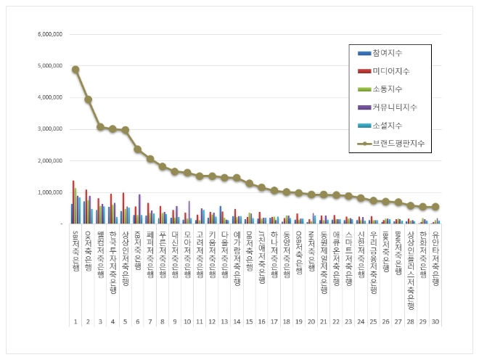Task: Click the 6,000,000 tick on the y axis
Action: click(x=49, y=34)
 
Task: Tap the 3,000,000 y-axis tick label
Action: click(x=49, y=129)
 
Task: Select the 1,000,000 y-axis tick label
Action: click(x=49, y=192)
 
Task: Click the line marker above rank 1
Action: click(x=75, y=70)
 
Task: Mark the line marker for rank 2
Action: click(x=88, y=99)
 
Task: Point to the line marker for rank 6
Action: click(x=137, y=149)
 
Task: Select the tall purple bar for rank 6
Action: click(x=139, y=199)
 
